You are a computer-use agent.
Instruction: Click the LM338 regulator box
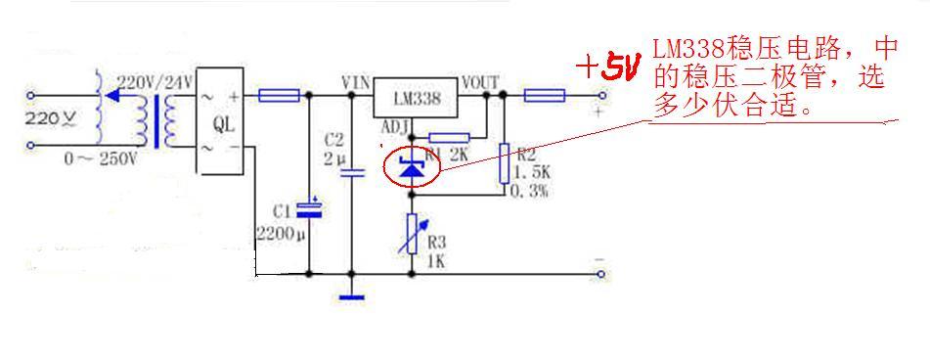(417, 98)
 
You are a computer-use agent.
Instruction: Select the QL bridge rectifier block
(221, 125)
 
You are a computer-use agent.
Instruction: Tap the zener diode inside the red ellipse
(411, 167)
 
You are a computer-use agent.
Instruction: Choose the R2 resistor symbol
(505, 162)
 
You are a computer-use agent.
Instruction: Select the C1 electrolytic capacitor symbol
(310, 207)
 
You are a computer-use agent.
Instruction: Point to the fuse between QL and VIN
(278, 96)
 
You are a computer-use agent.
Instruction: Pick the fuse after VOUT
(544, 96)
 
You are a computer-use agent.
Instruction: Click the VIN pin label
(355, 82)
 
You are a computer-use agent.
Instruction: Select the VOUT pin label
(482, 82)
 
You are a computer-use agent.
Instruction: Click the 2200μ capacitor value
(281, 235)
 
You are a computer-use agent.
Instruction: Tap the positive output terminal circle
(601, 96)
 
